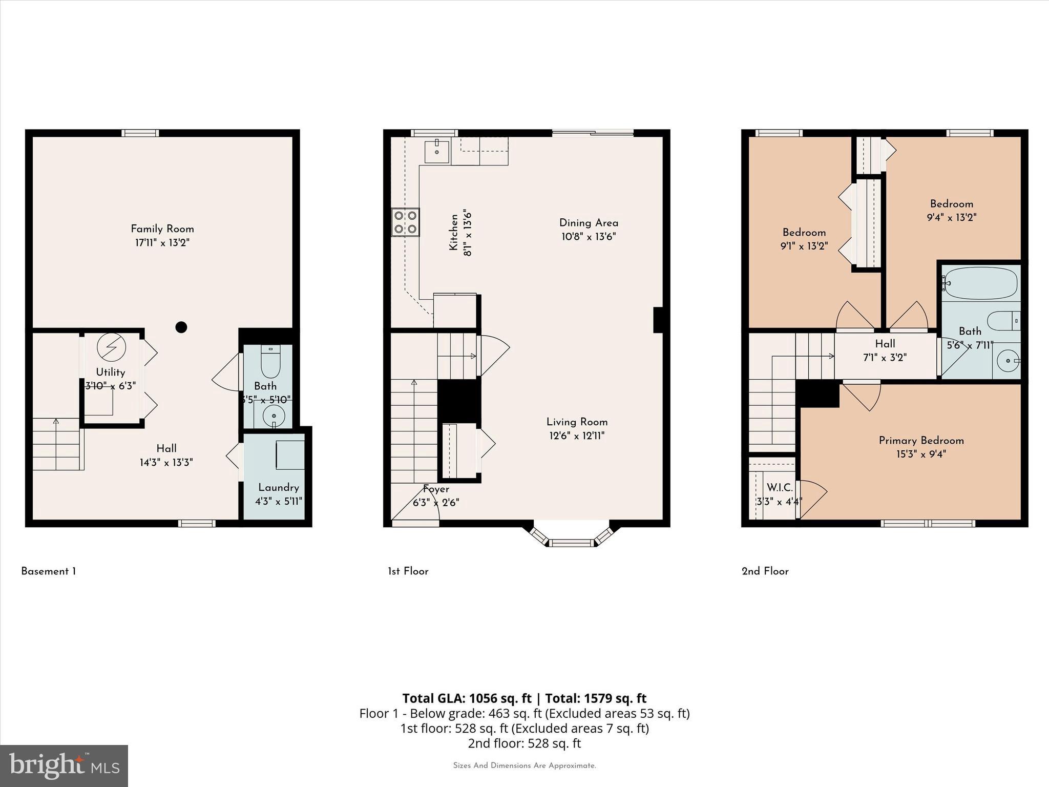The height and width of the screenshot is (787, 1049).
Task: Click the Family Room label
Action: (x=162, y=229)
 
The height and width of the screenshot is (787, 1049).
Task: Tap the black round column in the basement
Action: (x=181, y=327)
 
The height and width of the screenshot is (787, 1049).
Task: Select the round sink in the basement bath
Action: (x=274, y=416)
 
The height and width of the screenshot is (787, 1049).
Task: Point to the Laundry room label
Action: (x=278, y=487)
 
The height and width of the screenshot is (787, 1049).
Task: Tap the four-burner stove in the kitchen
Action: (x=405, y=222)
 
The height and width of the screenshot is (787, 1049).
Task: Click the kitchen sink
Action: (x=436, y=152)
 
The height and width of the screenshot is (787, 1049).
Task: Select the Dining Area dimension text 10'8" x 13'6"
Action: (x=588, y=237)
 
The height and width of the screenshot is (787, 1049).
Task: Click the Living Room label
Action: (x=577, y=422)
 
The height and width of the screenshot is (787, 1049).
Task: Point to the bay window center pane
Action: (x=571, y=542)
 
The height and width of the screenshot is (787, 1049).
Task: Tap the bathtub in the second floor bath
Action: (x=980, y=283)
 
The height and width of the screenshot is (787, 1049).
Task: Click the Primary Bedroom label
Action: (x=921, y=440)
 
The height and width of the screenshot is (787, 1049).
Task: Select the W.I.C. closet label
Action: (x=780, y=488)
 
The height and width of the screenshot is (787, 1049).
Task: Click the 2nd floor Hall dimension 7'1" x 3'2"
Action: (x=885, y=358)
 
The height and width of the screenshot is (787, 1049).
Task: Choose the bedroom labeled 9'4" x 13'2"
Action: (x=951, y=211)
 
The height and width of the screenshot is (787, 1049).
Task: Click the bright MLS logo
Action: (x=64, y=765)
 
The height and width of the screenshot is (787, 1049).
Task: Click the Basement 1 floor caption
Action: (x=49, y=571)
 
